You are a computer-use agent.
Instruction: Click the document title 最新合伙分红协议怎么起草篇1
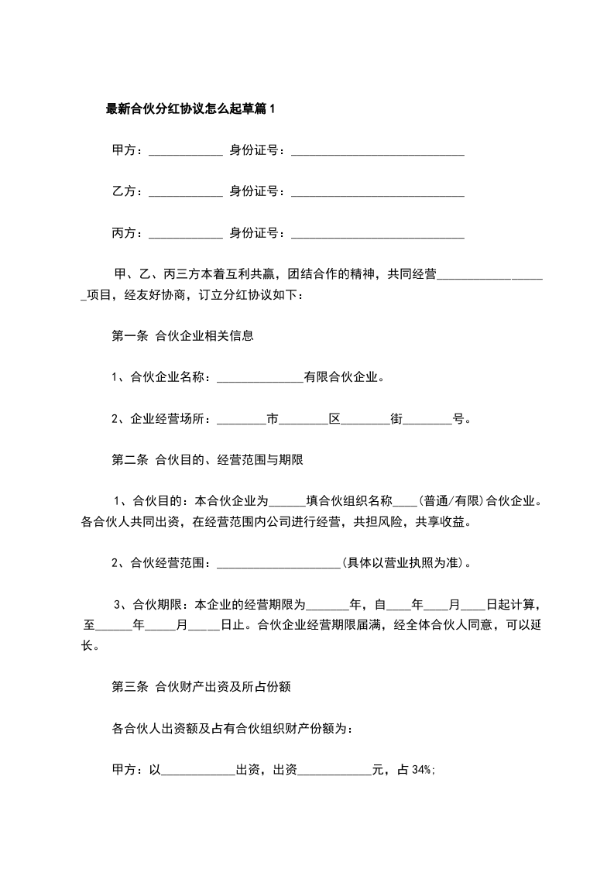point(190,109)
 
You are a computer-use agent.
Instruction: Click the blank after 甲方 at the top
point(185,151)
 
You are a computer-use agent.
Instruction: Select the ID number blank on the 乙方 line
point(377,192)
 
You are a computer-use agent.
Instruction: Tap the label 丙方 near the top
point(125,233)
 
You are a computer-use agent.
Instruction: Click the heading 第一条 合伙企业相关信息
point(184,336)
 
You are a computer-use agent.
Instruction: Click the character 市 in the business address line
point(272,419)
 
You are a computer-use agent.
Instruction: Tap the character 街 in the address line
point(396,419)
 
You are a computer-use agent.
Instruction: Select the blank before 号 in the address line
point(427,420)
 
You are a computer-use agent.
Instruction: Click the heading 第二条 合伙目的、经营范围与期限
point(207,460)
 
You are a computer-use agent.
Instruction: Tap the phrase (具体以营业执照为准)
point(404,563)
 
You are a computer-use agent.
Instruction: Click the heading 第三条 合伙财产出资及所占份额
point(201,686)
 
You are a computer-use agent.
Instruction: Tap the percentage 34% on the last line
point(424,770)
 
